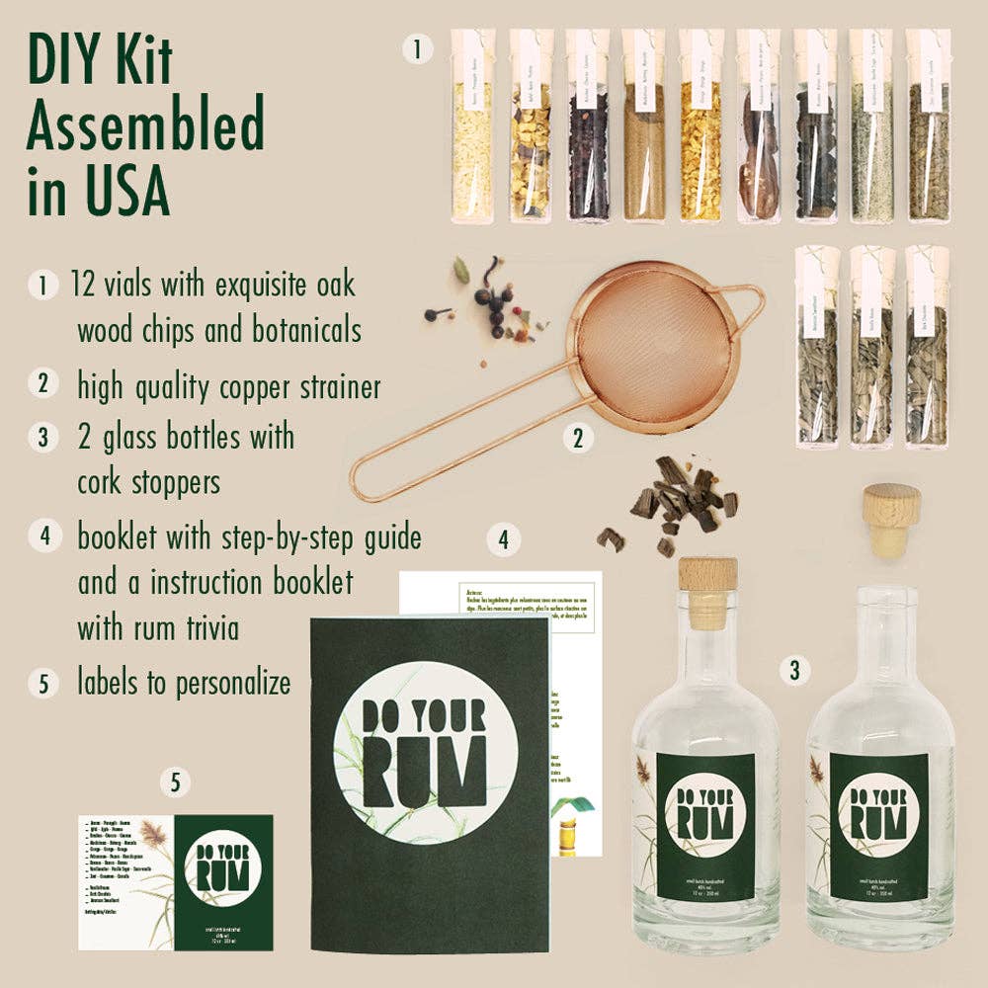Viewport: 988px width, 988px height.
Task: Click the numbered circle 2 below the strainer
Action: (578, 438)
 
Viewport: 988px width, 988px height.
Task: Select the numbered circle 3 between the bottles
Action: (792, 671)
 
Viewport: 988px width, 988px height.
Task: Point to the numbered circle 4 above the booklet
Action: (503, 540)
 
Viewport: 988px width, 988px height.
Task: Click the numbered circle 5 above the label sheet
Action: (175, 783)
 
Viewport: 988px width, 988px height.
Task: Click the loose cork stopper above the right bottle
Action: (892, 519)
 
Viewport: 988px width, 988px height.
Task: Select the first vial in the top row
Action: (472, 124)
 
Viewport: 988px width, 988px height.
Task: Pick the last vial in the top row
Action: (927, 124)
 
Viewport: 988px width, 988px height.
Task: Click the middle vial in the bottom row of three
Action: (870, 346)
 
